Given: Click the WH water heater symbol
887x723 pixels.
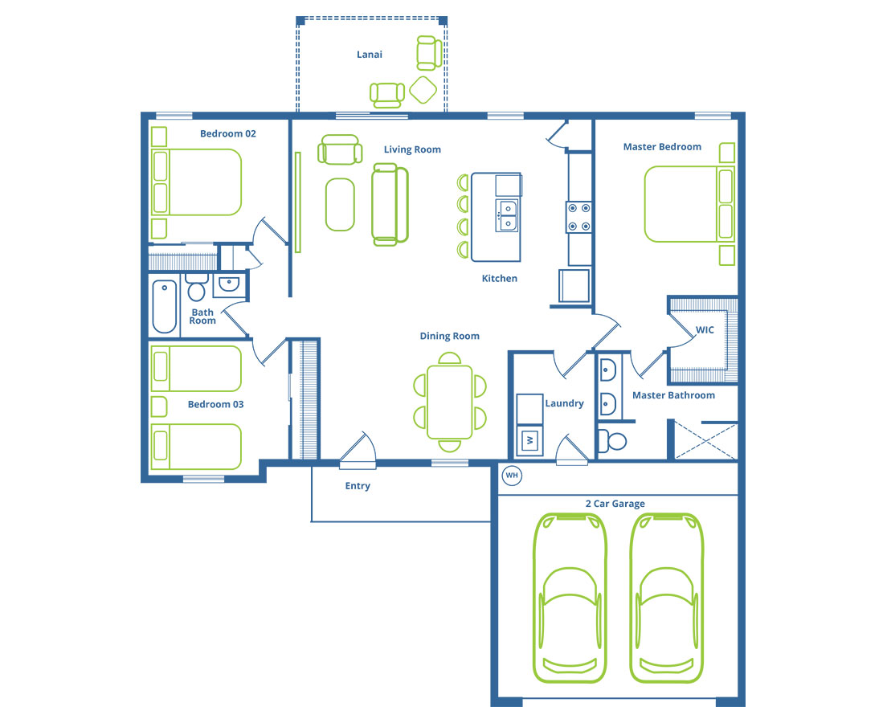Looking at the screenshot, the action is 512,476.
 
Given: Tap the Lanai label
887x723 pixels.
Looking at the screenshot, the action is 370,55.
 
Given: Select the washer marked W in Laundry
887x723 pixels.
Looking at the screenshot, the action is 530,440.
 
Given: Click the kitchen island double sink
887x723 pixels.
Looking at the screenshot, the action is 508,215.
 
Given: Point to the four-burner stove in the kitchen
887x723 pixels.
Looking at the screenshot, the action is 579,217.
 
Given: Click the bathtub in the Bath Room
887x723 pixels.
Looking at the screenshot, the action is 165,306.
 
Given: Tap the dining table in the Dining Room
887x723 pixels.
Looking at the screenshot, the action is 450,402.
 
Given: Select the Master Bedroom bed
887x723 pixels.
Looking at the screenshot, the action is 689,204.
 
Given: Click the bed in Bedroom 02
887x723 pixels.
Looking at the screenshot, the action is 196,182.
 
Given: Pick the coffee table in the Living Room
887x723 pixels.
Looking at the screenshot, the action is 340,204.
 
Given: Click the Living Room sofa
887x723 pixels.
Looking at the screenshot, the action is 390,205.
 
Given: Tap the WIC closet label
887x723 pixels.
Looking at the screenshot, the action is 705,330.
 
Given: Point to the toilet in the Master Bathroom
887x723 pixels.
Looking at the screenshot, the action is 612,441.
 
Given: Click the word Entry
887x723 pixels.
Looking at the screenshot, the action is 358,486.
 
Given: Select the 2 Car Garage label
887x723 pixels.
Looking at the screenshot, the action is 615,504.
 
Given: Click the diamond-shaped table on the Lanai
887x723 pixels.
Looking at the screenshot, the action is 423,90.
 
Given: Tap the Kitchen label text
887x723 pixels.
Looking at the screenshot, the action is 500,278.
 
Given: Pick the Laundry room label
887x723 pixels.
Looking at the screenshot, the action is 564,403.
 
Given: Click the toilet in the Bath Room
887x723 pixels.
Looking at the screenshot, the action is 196,288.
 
